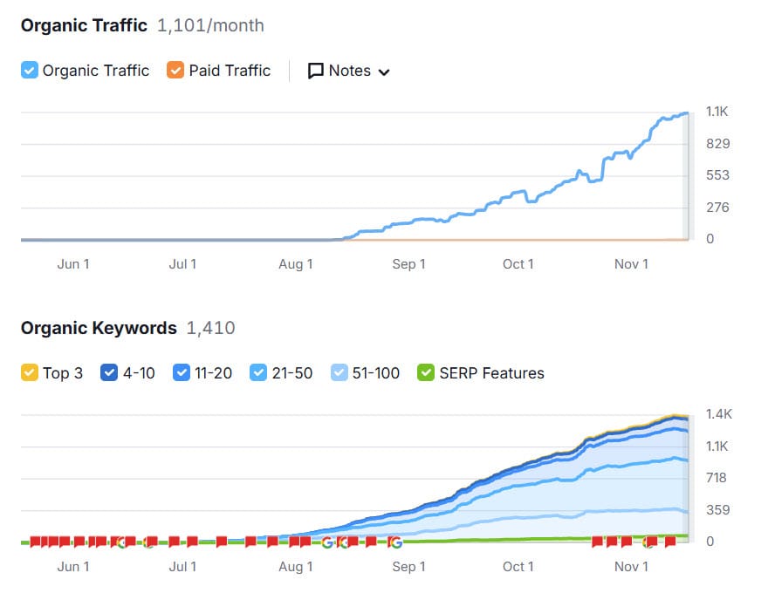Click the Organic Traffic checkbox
(x=30, y=71)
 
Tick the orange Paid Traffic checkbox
(x=176, y=71)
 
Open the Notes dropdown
(x=349, y=71)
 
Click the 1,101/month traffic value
(x=210, y=25)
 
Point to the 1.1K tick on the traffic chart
(x=717, y=112)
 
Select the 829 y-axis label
(x=717, y=144)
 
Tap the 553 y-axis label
(x=717, y=175)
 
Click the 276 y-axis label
(x=717, y=208)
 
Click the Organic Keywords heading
(x=99, y=328)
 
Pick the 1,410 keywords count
(x=210, y=328)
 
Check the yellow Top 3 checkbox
(x=30, y=373)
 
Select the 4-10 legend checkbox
(x=109, y=373)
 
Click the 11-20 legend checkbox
(x=182, y=373)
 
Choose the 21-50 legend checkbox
(x=258, y=373)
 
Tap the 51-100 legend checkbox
(x=340, y=373)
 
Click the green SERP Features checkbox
(x=426, y=373)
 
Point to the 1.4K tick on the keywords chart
(x=717, y=414)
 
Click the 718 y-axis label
(x=717, y=478)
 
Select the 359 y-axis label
(x=717, y=510)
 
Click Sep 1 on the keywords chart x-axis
(x=408, y=567)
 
